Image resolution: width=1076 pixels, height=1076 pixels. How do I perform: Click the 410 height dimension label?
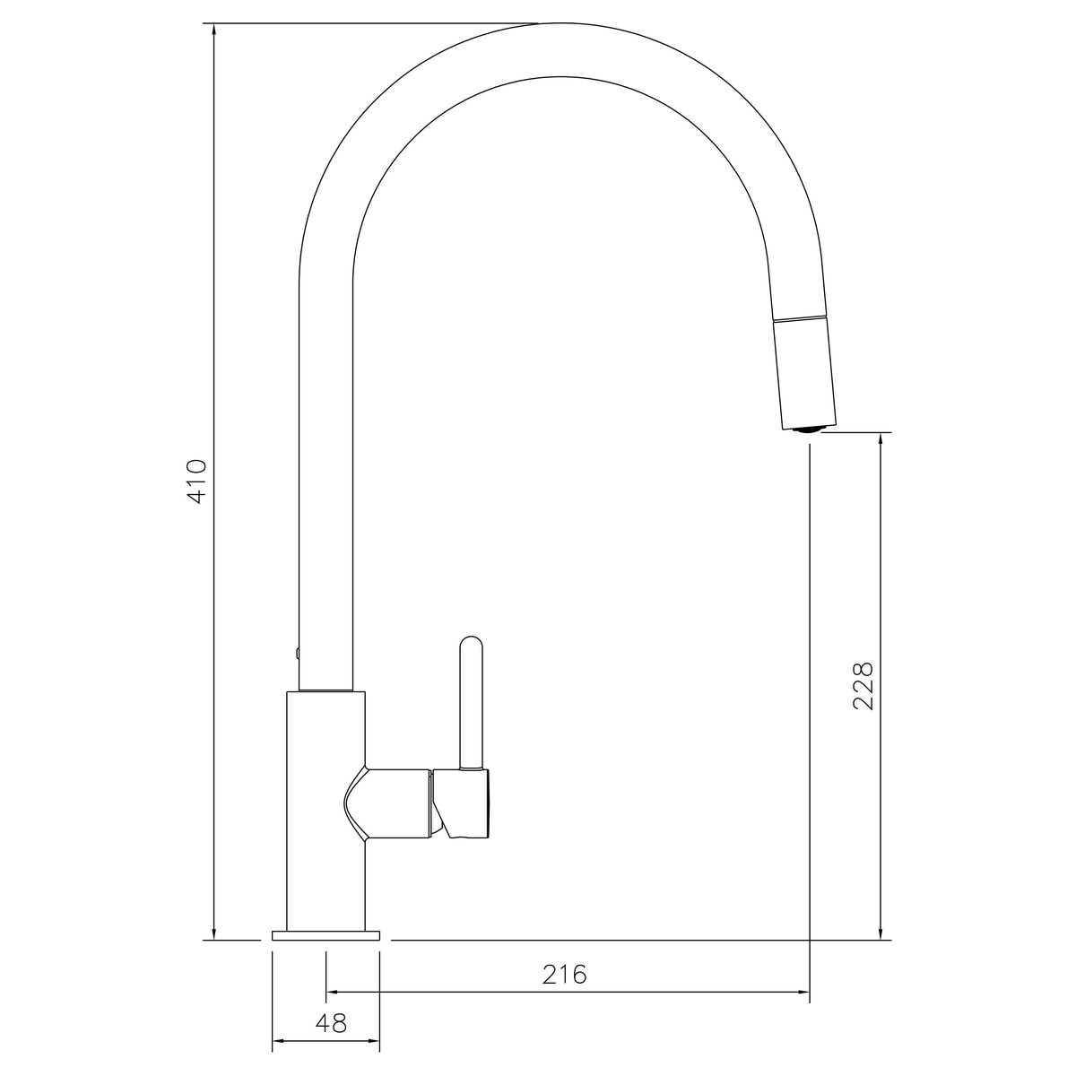pos(196,482)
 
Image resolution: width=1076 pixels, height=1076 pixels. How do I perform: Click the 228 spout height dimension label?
pos(863,686)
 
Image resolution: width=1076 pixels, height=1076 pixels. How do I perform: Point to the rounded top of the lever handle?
pos(471,643)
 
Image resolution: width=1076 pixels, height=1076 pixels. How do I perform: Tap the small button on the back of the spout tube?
pos(297,652)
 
